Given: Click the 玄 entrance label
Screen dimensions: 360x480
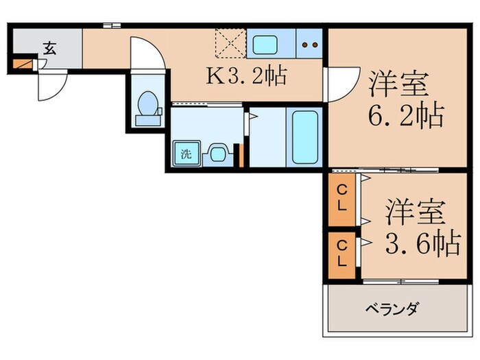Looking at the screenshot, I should click(x=49, y=48).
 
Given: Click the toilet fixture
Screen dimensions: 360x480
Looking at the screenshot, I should click(x=148, y=109).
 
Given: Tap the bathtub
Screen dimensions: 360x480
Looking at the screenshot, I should click(x=305, y=136).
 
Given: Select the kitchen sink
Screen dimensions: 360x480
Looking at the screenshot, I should click(x=265, y=45).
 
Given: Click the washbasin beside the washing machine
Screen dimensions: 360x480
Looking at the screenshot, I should click(x=217, y=153).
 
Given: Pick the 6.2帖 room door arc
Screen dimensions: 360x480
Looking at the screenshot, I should click(x=341, y=85).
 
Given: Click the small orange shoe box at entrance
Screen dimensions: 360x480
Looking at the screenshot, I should click(x=23, y=65).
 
